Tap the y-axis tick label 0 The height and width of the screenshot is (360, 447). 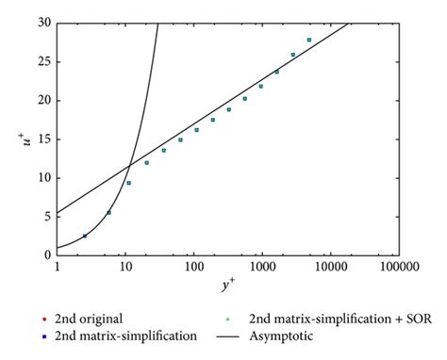click(x=46, y=254)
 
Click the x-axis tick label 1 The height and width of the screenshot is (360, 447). click(x=58, y=268)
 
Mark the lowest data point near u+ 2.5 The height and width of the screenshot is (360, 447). click(x=85, y=236)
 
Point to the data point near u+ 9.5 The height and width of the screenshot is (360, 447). click(x=128, y=182)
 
